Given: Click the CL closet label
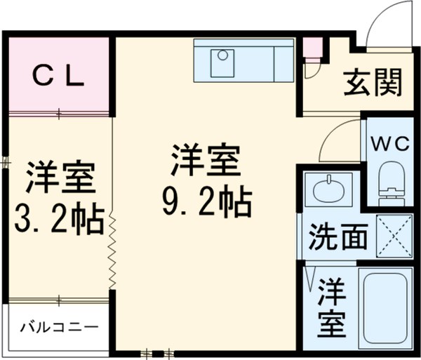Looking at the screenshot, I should (x=60, y=75).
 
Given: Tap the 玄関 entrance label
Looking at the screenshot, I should (x=373, y=83).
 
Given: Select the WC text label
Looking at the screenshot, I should (x=389, y=144).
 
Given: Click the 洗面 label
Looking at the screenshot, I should (x=339, y=237).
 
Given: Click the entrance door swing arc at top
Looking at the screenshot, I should (x=382, y=25).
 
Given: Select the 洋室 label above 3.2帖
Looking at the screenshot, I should (x=60, y=178).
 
